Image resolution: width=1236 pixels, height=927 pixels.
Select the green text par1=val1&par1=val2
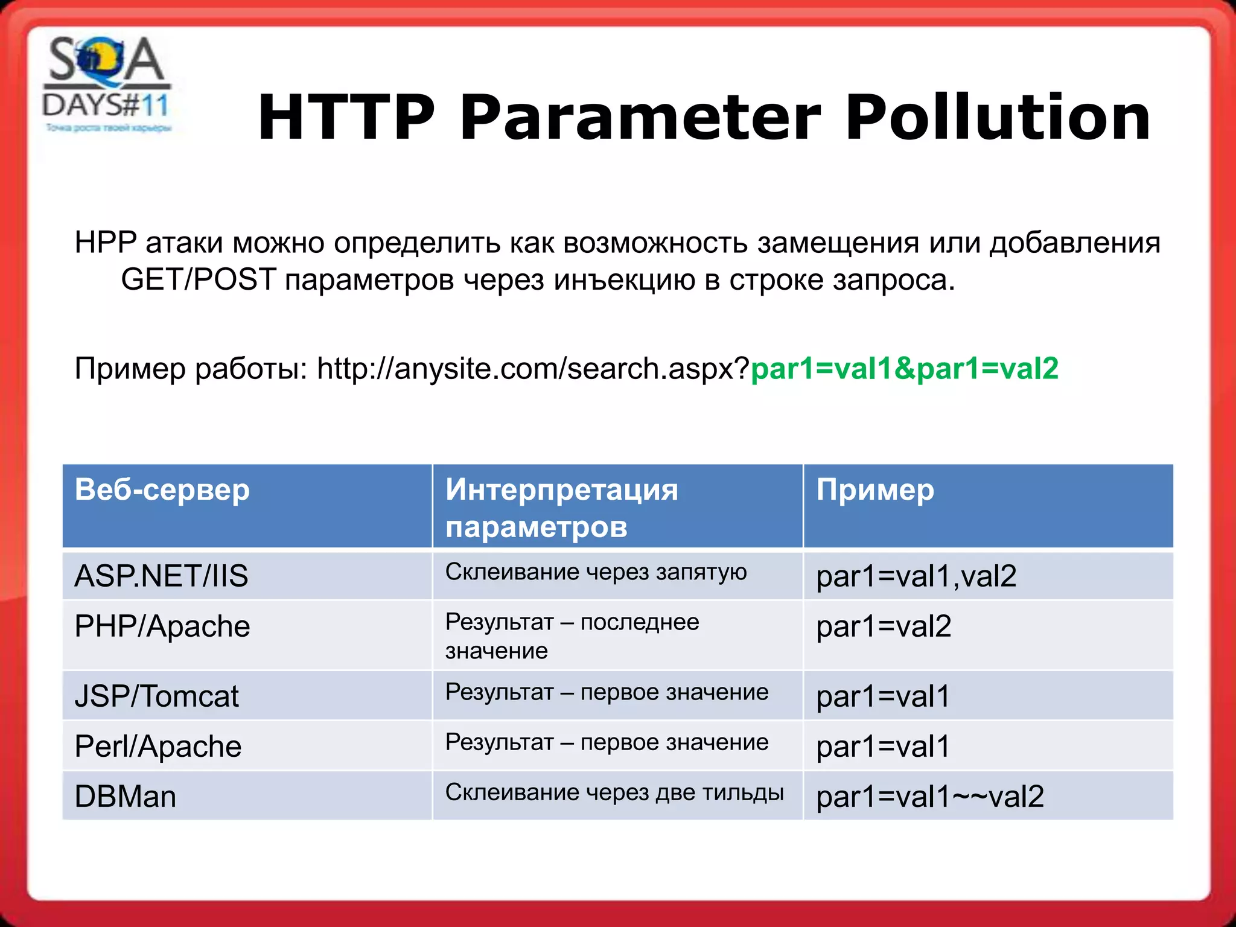904,369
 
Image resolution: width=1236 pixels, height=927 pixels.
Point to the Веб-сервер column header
162,489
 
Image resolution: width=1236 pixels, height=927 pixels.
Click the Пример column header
875,489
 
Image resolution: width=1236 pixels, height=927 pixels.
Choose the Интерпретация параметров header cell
561,508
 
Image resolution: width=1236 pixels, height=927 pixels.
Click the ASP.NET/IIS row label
161,576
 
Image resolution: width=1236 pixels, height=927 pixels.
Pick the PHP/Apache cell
162,626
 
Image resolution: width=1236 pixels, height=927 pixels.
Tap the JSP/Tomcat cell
156,696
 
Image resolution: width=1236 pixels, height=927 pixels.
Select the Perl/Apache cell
158,747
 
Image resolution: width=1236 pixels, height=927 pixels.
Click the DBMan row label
126,797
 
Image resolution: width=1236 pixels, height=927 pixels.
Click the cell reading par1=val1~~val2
930,797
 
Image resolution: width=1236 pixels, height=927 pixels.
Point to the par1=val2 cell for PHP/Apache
884,626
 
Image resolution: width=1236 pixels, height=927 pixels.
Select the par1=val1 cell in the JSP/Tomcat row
882,696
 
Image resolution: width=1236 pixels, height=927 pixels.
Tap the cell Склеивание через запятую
596,572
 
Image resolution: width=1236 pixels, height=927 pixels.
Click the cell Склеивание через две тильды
614,792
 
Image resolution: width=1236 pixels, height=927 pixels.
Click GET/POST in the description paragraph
199,280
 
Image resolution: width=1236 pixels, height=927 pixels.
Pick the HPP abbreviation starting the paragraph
106,243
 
